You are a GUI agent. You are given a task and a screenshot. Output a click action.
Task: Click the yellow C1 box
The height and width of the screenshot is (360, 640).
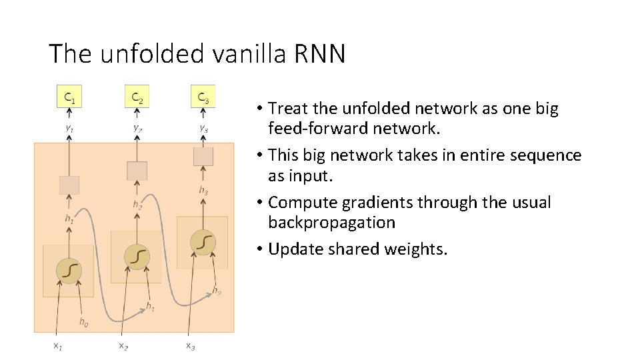(x=69, y=97)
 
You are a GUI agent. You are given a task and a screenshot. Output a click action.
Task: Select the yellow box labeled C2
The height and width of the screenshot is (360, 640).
(x=137, y=97)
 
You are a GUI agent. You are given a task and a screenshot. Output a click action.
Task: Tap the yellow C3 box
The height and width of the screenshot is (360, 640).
(x=203, y=97)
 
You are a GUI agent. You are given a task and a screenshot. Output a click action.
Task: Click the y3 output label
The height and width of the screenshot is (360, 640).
(x=203, y=128)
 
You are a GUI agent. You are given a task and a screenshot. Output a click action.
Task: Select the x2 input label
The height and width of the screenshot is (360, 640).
(x=123, y=345)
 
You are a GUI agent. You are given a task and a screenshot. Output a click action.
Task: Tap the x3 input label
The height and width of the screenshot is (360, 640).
(x=190, y=345)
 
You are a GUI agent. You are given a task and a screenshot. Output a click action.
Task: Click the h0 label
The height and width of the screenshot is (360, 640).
(x=83, y=323)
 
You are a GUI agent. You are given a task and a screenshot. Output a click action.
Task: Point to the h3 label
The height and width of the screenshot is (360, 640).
(x=203, y=191)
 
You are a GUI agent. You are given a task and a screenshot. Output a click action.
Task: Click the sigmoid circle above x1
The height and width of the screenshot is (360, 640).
(x=69, y=269)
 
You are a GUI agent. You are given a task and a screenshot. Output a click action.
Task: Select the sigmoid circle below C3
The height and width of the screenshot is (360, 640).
(x=202, y=241)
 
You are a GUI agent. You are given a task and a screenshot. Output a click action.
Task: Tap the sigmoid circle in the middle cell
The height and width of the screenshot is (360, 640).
(x=136, y=255)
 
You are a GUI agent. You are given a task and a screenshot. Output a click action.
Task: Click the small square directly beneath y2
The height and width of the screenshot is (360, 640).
(x=137, y=171)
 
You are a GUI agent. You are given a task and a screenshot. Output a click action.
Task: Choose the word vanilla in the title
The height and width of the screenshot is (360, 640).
(x=247, y=53)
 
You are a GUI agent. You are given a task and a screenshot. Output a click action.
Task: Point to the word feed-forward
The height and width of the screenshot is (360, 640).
(x=317, y=128)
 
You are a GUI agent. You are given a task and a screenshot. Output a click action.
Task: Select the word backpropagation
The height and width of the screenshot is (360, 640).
(x=331, y=222)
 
